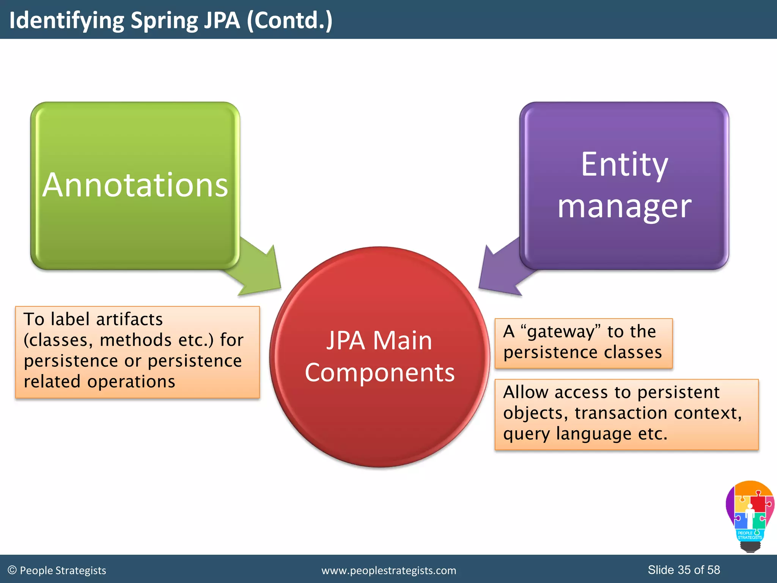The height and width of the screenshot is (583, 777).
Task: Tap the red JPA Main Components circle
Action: (x=379, y=418)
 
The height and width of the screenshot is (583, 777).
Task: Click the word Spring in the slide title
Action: (x=164, y=20)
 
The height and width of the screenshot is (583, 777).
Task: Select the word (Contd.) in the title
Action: (x=289, y=20)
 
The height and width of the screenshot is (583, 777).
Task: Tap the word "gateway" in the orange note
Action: (x=560, y=332)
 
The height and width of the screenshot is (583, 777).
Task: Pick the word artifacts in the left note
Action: (x=129, y=320)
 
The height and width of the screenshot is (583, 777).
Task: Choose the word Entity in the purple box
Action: (x=624, y=165)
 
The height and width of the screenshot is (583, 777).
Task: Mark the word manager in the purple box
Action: (x=624, y=207)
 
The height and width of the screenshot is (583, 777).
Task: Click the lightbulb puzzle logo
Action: (x=750, y=516)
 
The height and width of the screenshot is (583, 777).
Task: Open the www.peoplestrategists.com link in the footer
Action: (x=389, y=570)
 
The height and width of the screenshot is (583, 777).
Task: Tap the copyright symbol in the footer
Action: (x=12, y=570)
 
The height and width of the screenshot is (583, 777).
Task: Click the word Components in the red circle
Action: (x=379, y=373)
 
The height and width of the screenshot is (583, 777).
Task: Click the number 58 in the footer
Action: (x=714, y=570)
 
